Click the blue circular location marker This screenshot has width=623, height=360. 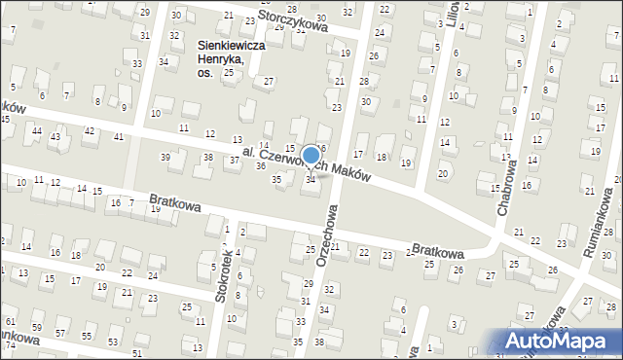(x=311, y=156)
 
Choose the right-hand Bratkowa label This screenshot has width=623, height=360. (x=437, y=251)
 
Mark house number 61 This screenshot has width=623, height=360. (x=10, y=321)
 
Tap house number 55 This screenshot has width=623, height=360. (x=87, y=336)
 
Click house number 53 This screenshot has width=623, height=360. (x=113, y=342)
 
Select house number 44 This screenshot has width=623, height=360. (x=36, y=131)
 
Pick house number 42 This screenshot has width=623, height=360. (x=89, y=130)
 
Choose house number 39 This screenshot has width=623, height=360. (x=165, y=157)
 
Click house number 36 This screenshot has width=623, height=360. (x=261, y=166)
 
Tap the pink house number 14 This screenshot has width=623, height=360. (x=263, y=145)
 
